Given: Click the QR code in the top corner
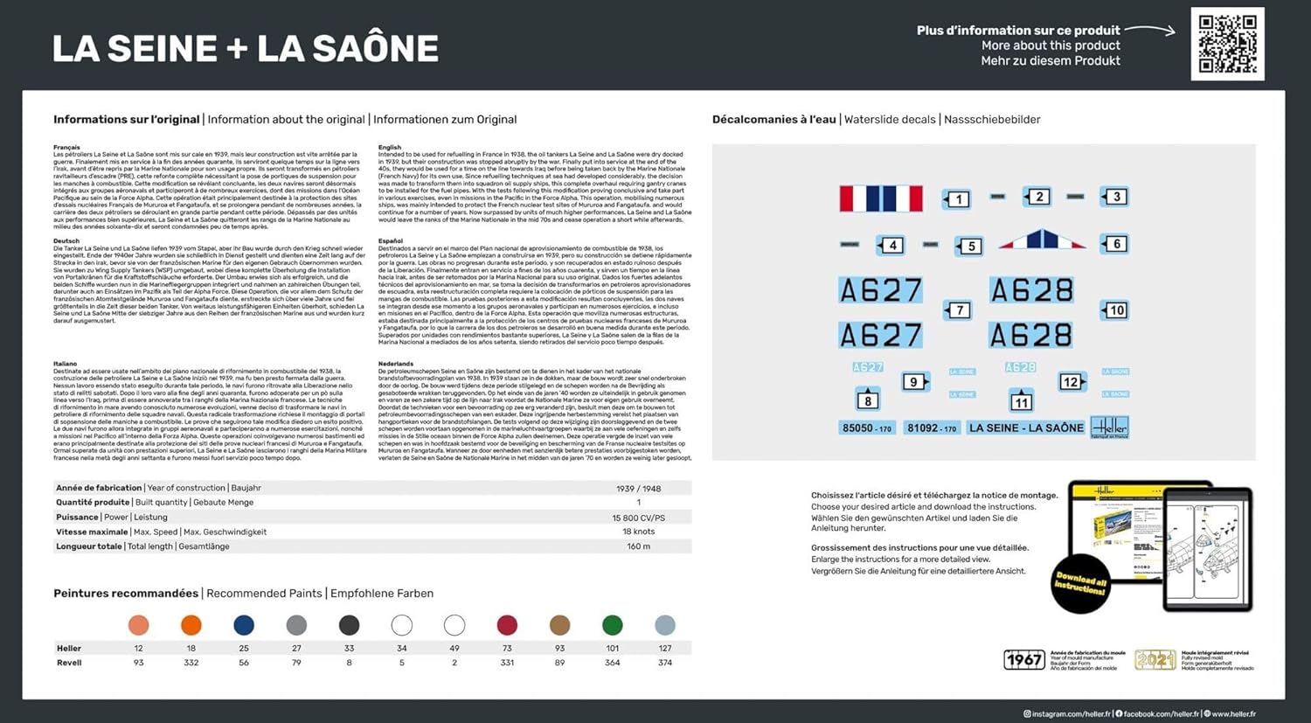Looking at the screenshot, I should tap(1227, 44).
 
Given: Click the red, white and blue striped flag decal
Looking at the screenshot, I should tap(880, 198).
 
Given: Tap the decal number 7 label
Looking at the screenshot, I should tap(959, 310).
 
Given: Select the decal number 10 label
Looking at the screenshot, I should tap(1115, 310).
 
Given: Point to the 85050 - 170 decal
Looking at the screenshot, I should tap(866, 428).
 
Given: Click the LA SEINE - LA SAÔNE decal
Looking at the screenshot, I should tap(1026, 428).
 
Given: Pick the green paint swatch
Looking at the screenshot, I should tap(613, 625).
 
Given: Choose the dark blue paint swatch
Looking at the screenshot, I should tap(244, 625).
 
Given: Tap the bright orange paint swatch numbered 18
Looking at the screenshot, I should tap(191, 625).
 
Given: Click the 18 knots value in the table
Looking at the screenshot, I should tap(638, 532).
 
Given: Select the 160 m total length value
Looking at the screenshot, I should tap(638, 546).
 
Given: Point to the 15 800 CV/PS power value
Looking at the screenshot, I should tap(638, 518).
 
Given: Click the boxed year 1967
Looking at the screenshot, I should tap(1023, 660).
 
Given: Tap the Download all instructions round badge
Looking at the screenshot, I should tap(1081, 583).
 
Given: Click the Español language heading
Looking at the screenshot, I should tap(391, 241).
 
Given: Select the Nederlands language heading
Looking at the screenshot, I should tap(396, 364).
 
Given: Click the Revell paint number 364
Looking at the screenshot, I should tap(613, 663).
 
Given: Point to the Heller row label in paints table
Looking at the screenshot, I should tap(69, 649).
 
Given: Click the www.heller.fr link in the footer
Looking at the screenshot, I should tap(1232, 714).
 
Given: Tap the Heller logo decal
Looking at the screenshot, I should tap(1110, 428).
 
